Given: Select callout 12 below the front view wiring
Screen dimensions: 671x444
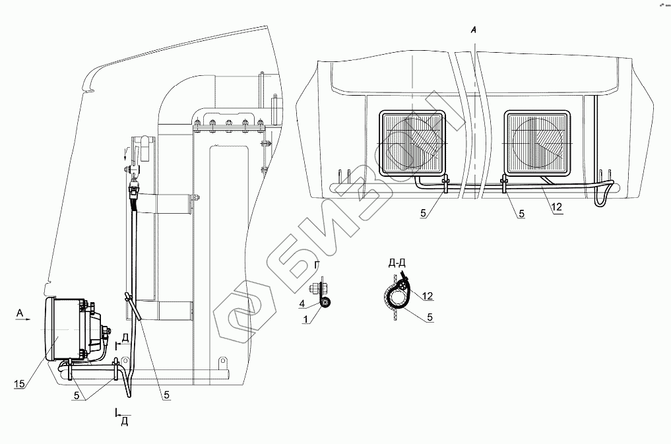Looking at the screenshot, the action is pyautogui.click(x=556, y=208).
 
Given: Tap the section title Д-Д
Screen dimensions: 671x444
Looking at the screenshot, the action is pyautogui.click(x=397, y=263).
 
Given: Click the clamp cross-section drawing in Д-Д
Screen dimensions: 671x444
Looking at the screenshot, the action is pyautogui.click(x=398, y=295).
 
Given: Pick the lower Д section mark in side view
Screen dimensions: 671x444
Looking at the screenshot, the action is pyautogui.click(x=123, y=421).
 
